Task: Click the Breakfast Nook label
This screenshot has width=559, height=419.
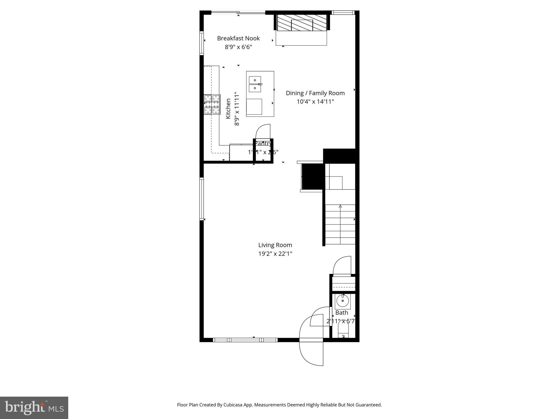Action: pos(238,38)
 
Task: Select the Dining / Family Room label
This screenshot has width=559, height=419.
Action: pos(315,93)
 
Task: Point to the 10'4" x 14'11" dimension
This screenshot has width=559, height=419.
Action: pos(315,102)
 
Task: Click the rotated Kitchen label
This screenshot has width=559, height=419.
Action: pos(228,109)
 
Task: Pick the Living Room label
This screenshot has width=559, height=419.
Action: pos(275,245)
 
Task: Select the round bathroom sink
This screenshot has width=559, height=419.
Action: pos(343,301)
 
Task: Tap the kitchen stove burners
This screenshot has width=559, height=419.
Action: pos(212,104)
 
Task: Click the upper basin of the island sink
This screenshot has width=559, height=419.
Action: pos(255,80)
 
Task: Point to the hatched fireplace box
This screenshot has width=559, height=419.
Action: pos(302,22)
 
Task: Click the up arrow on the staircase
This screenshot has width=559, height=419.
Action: pos(340,207)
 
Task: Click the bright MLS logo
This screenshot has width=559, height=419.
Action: pos(34,408)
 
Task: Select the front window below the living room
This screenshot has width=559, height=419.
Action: pos(245,340)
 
